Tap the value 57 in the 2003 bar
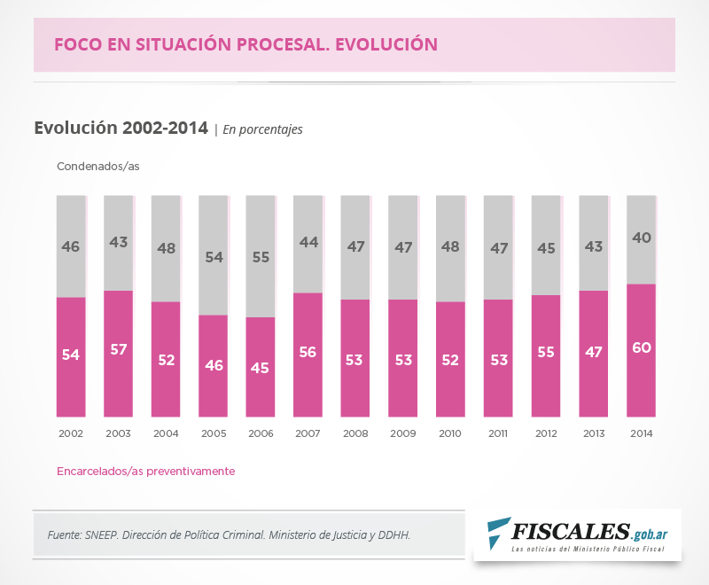coord(119,349)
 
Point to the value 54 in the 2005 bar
coord(213,257)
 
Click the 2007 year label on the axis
coord(308,434)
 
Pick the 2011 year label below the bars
coord(497,434)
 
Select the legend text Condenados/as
coord(98,167)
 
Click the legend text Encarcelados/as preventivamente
coord(146,472)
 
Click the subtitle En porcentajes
coord(262,129)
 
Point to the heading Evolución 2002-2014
coord(121,128)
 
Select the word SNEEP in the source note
coord(107,535)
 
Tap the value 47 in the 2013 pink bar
coord(593,352)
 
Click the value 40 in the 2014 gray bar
coord(641,238)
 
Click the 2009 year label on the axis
coord(402,434)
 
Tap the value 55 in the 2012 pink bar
coord(546,352)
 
